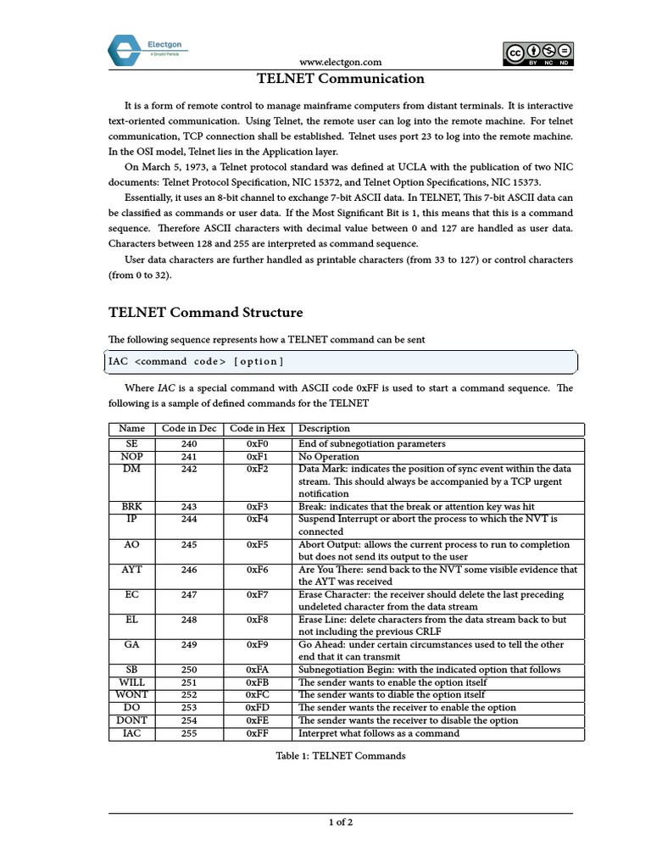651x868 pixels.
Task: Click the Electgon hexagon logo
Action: point(125,51)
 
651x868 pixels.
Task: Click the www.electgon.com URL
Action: point(341,62)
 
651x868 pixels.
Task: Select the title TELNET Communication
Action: point(341,80)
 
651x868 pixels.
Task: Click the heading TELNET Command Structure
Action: point(205,313)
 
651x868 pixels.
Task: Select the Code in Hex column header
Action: point(258,429)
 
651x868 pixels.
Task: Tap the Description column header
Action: point(324,429)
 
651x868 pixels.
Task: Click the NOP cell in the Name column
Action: point(132,457)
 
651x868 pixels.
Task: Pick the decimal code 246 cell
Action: point(189,570)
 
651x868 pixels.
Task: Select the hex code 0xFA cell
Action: point(258,670)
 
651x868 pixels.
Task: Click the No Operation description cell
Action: point(329,457)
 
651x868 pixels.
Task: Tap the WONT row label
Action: point(132,695)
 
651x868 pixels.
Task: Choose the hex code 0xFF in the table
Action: point(258,733)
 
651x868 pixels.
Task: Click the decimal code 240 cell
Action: point(189,444)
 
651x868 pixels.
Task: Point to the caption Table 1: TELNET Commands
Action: point(341,756)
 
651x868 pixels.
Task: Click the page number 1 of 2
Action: point(341,822)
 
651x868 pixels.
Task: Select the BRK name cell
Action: point(132,507)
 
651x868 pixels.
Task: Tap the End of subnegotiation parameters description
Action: point(372,444)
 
